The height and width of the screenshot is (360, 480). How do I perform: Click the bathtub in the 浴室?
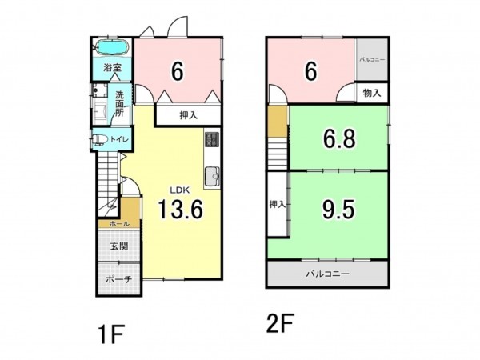click(x=113, y=47)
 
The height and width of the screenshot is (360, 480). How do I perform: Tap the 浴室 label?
click(x=112, y=68)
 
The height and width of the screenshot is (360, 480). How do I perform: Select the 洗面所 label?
click(x=120, y=103)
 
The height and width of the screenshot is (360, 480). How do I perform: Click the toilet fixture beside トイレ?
click(x=99, y=139)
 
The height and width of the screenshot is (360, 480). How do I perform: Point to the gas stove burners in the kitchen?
click(x=212, y=139)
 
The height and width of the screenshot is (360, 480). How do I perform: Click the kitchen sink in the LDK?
click(x=212, y=177)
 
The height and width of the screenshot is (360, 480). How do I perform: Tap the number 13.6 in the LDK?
click(x=180, y=209)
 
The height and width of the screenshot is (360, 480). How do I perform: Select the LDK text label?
click(x=180, y=190)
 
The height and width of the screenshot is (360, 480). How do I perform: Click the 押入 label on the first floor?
click(x=188, y=115)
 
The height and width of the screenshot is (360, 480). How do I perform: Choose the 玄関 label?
click(x=119, y=246)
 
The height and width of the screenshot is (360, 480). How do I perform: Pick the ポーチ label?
click(x=119, y=279)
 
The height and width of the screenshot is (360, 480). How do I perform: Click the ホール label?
click(x=119, y=224)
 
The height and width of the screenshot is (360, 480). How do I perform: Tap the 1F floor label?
click(x=111, y=334)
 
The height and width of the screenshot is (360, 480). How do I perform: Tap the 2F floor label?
click(x=280, y=322)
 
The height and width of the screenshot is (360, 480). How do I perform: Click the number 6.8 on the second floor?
click(x=339, y=139)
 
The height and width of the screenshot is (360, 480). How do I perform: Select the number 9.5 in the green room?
click(x=339, y=210)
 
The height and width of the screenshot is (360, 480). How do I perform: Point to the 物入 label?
click(x=372, y=93)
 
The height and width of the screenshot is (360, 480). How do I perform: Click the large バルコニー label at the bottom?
click(x=328, y=274)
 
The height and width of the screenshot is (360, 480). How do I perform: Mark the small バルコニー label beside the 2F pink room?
click(x=372, y=59)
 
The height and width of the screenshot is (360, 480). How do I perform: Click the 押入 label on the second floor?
click(x=278, y=204)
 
